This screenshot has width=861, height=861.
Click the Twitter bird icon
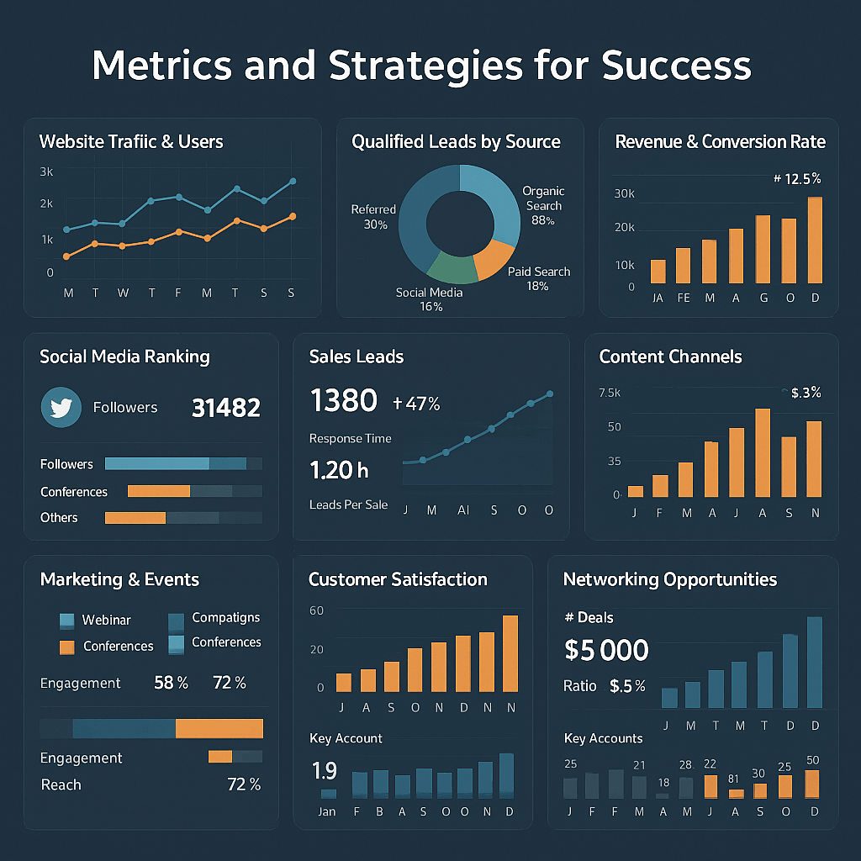[61, 408]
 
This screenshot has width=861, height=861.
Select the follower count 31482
[226, 408]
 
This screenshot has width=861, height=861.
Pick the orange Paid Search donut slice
[494, 258]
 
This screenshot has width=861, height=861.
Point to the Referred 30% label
[373, 217]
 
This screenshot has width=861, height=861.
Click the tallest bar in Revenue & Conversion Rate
[814, 240]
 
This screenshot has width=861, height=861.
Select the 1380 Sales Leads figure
[344, 401]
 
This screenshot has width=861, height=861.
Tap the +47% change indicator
[416, 404]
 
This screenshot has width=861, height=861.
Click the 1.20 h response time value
[338, 470]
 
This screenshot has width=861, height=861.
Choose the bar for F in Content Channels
[660, 486]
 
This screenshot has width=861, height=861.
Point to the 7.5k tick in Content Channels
[609, 393]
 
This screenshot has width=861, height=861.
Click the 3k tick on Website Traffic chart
[46, 172]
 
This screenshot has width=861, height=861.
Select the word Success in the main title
[678, 66]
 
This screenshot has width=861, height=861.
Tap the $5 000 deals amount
[606, 650]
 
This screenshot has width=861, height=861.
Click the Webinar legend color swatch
[67, 621]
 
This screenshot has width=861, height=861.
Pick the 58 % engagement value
[172, 683]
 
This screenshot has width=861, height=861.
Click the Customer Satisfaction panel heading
[398, 579]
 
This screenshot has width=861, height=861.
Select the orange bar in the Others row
[135, 518]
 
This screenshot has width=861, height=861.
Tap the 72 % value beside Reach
[244, 784]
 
